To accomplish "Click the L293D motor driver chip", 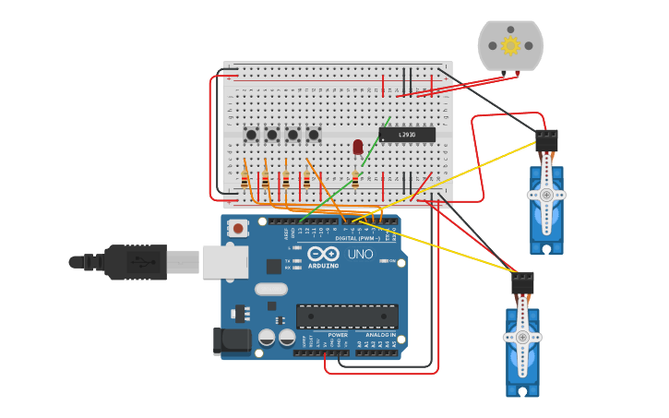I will [x=406, y=135].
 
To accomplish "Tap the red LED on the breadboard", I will [x=358, y=146].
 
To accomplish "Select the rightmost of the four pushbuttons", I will [x=313, y=135].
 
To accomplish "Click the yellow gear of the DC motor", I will [x=510, y=45].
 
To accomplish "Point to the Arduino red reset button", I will [x=238, y=228].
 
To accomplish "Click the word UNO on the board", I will [x=360, y=254].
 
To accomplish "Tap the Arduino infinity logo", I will [x=323, y=254].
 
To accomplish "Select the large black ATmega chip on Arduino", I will [x=347, y=316].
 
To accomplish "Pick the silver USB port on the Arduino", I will [x=224, y=262].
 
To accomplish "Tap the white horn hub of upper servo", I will [x=546, y=195].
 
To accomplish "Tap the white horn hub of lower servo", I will [x=522, y=337].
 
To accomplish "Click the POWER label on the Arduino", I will [x=338, y=335].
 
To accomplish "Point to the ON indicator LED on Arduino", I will [x=384, y=261].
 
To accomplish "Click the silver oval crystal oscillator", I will [x=271, y=289].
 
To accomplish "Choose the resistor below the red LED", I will [x=355, y=178].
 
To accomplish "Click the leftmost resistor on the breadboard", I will [x=245, y=179].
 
